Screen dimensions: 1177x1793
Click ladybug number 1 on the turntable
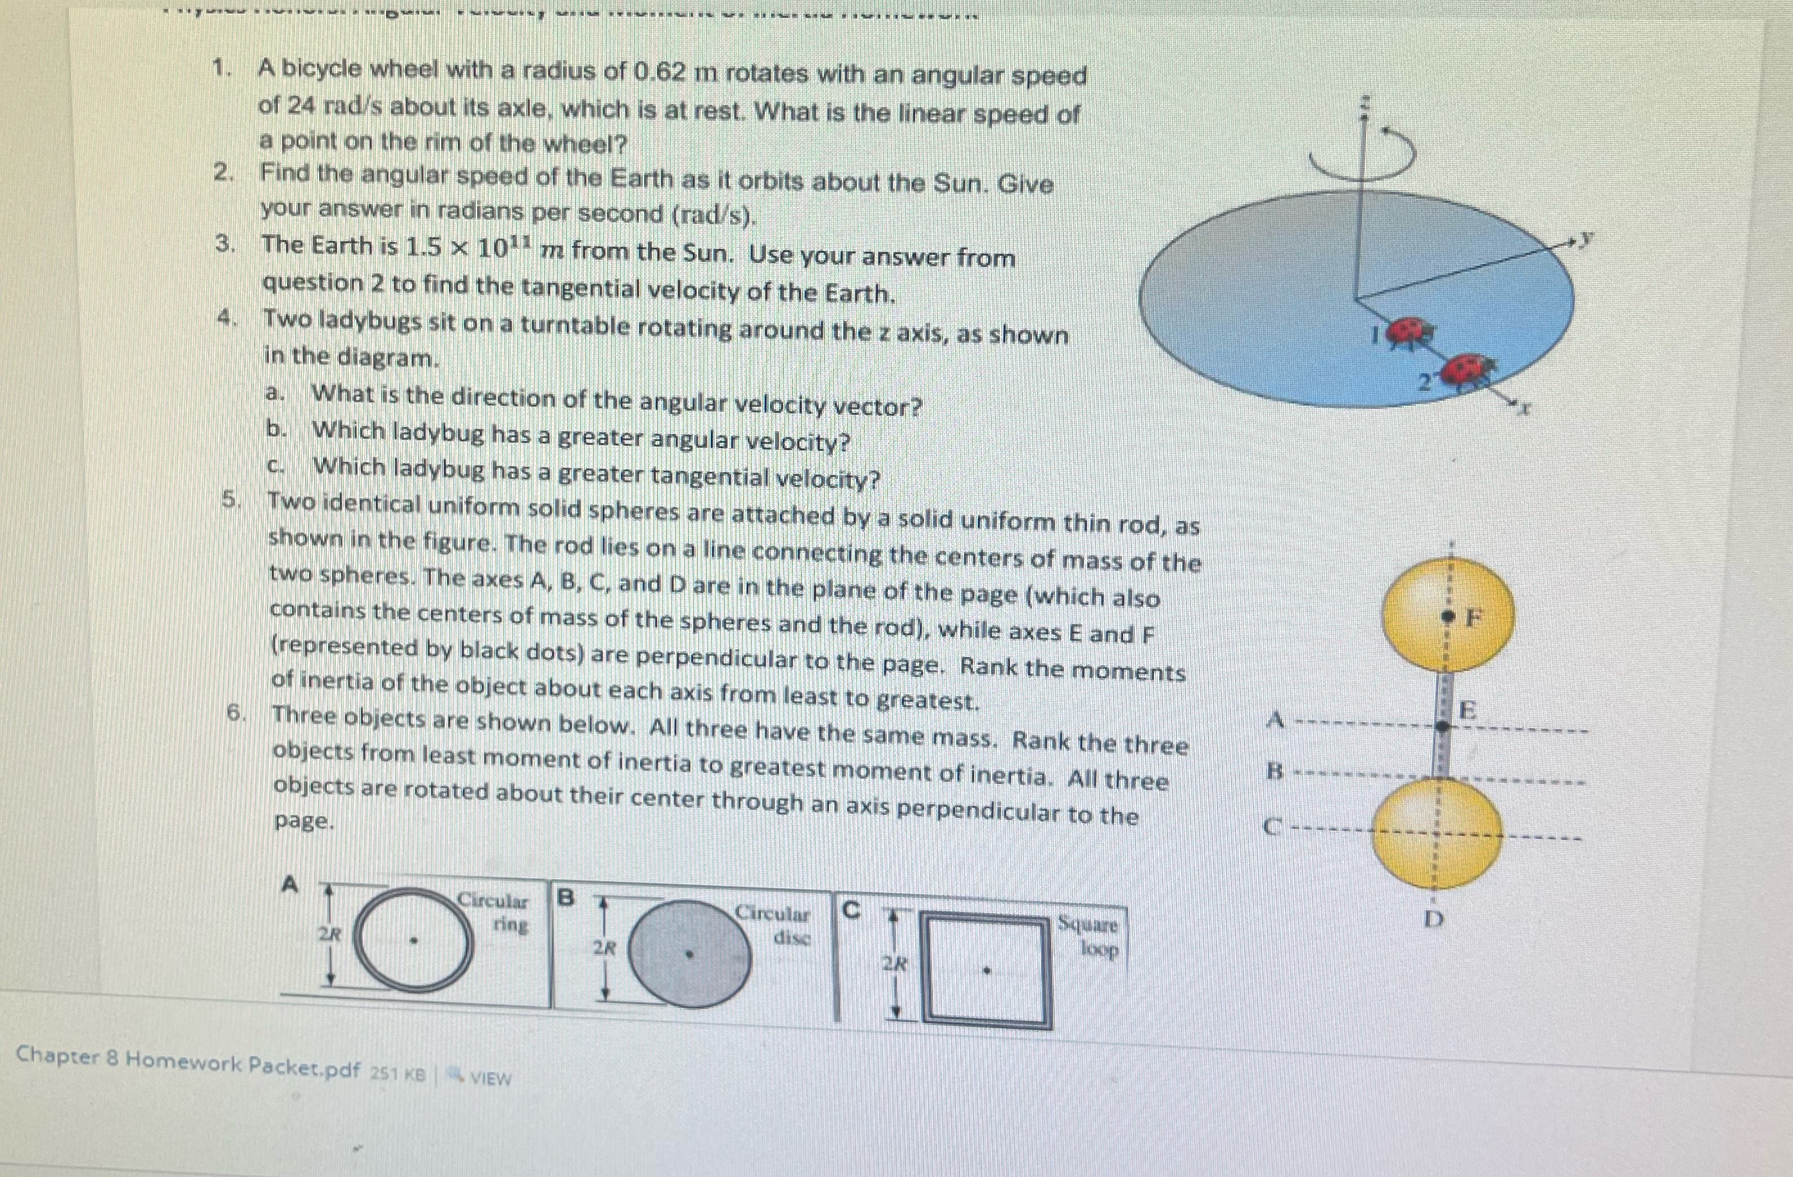click(x=1407, y=332)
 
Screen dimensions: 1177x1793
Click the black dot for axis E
click(x=1442, y=727)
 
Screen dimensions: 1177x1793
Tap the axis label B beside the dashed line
click(x=1274, y=771)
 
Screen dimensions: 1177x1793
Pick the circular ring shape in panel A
click(x=414, y=940)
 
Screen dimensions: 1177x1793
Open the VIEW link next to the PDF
click(x=490, y=1078)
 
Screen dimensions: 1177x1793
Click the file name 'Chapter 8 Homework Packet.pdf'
click(x=188, y=1063)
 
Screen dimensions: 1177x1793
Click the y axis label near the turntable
click(x=1587, y=240)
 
